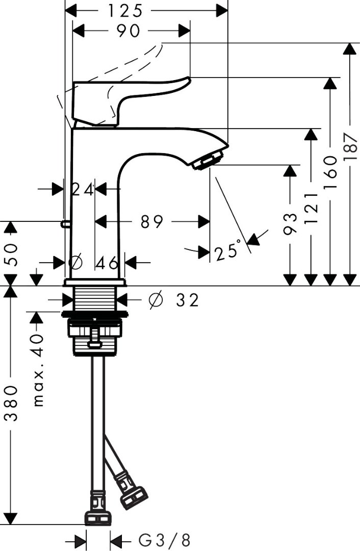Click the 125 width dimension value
pyautogui.click(x=124, y=10)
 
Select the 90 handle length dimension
pyautogui.click(x=128, y=31)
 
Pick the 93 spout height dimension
pyautogui.click(x=290, y=223)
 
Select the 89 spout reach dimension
pyautogui.click(x=152, y=221)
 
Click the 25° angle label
pyautogui.click(x=227, y=252)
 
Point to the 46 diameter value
pyautogui.click(x=107, y=263)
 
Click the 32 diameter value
pyautogui.click(x=187, y=300)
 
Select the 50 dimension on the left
pyautogui.click(x=11, y=254)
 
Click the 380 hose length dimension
pyautogui.click(x=11, y=403)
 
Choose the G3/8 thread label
pyautogui.click(x=165, y=540)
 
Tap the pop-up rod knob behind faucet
pyautogui.click(x=64, y=222)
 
